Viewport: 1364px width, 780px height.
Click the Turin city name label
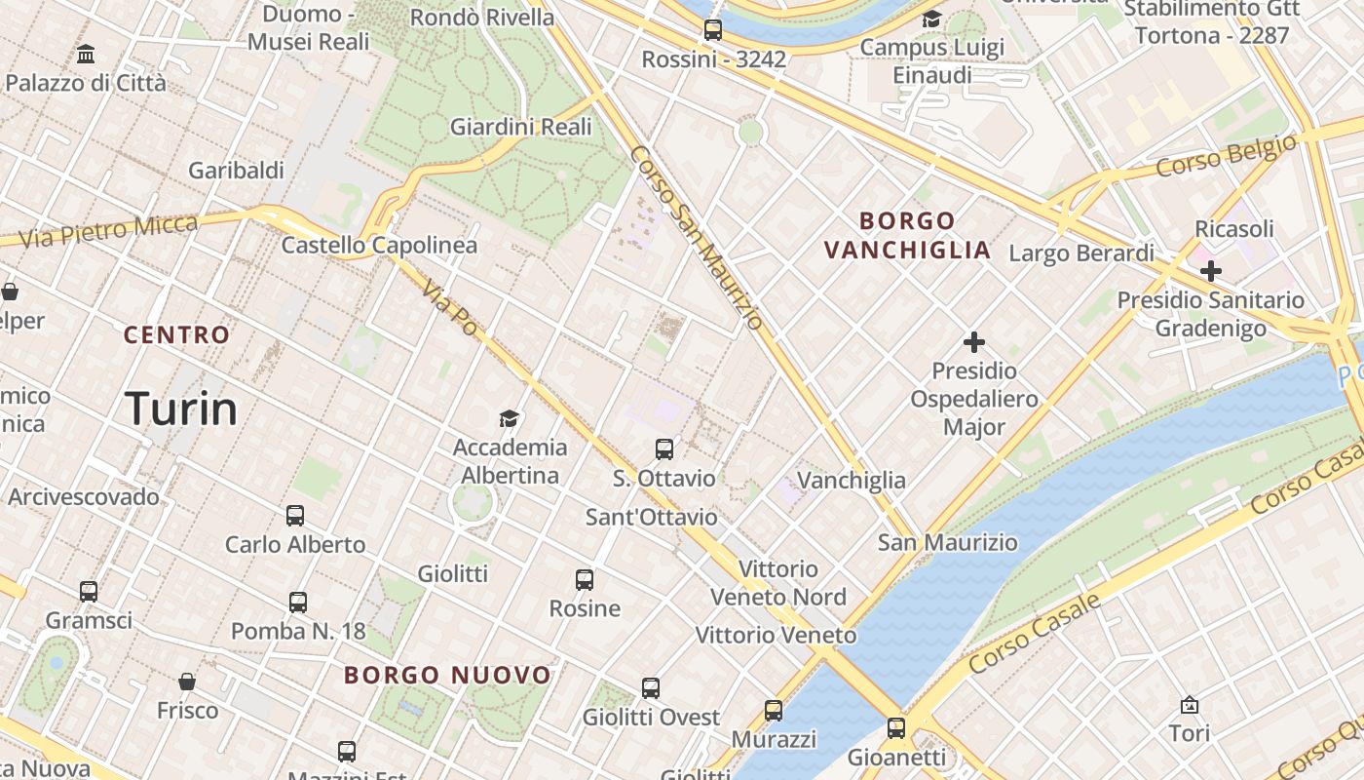click(x=181, y=409)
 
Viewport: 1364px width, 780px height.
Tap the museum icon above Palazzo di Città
click(x=86, y=54)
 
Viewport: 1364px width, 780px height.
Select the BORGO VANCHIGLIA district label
click(x=907, y=235)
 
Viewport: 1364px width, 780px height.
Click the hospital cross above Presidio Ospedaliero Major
click(x=973, y=342)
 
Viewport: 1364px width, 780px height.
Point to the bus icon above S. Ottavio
click(x=664, y=449)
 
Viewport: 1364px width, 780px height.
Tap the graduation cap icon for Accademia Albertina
click(x=510, y=419)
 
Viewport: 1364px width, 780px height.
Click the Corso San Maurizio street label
click(x=696, y=238)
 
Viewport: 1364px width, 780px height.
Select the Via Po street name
click(x=450, y=311)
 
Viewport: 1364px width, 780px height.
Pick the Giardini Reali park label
click(x=520, y=127)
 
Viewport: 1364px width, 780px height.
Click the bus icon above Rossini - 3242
click(x=713, y=30)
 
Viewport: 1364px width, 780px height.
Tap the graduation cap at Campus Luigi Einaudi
click(x=931, y=19)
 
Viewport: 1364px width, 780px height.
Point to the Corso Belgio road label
click(x=1227, y=156)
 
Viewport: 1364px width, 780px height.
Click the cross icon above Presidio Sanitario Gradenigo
click(x=1210, y=270)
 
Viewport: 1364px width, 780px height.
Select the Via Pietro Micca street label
click(x=108, y=230)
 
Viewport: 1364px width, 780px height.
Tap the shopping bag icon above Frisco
click(x=187, y=682)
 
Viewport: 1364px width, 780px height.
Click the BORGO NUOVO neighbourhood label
click(x=448, y=675)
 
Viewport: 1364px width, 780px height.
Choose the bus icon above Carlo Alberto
click(x=295, y=516)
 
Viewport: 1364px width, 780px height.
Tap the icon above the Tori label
click(x=1189, y=704)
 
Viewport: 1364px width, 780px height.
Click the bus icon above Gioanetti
click(x=895, y=727)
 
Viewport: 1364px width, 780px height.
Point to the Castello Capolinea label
click(x=379, y=245)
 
